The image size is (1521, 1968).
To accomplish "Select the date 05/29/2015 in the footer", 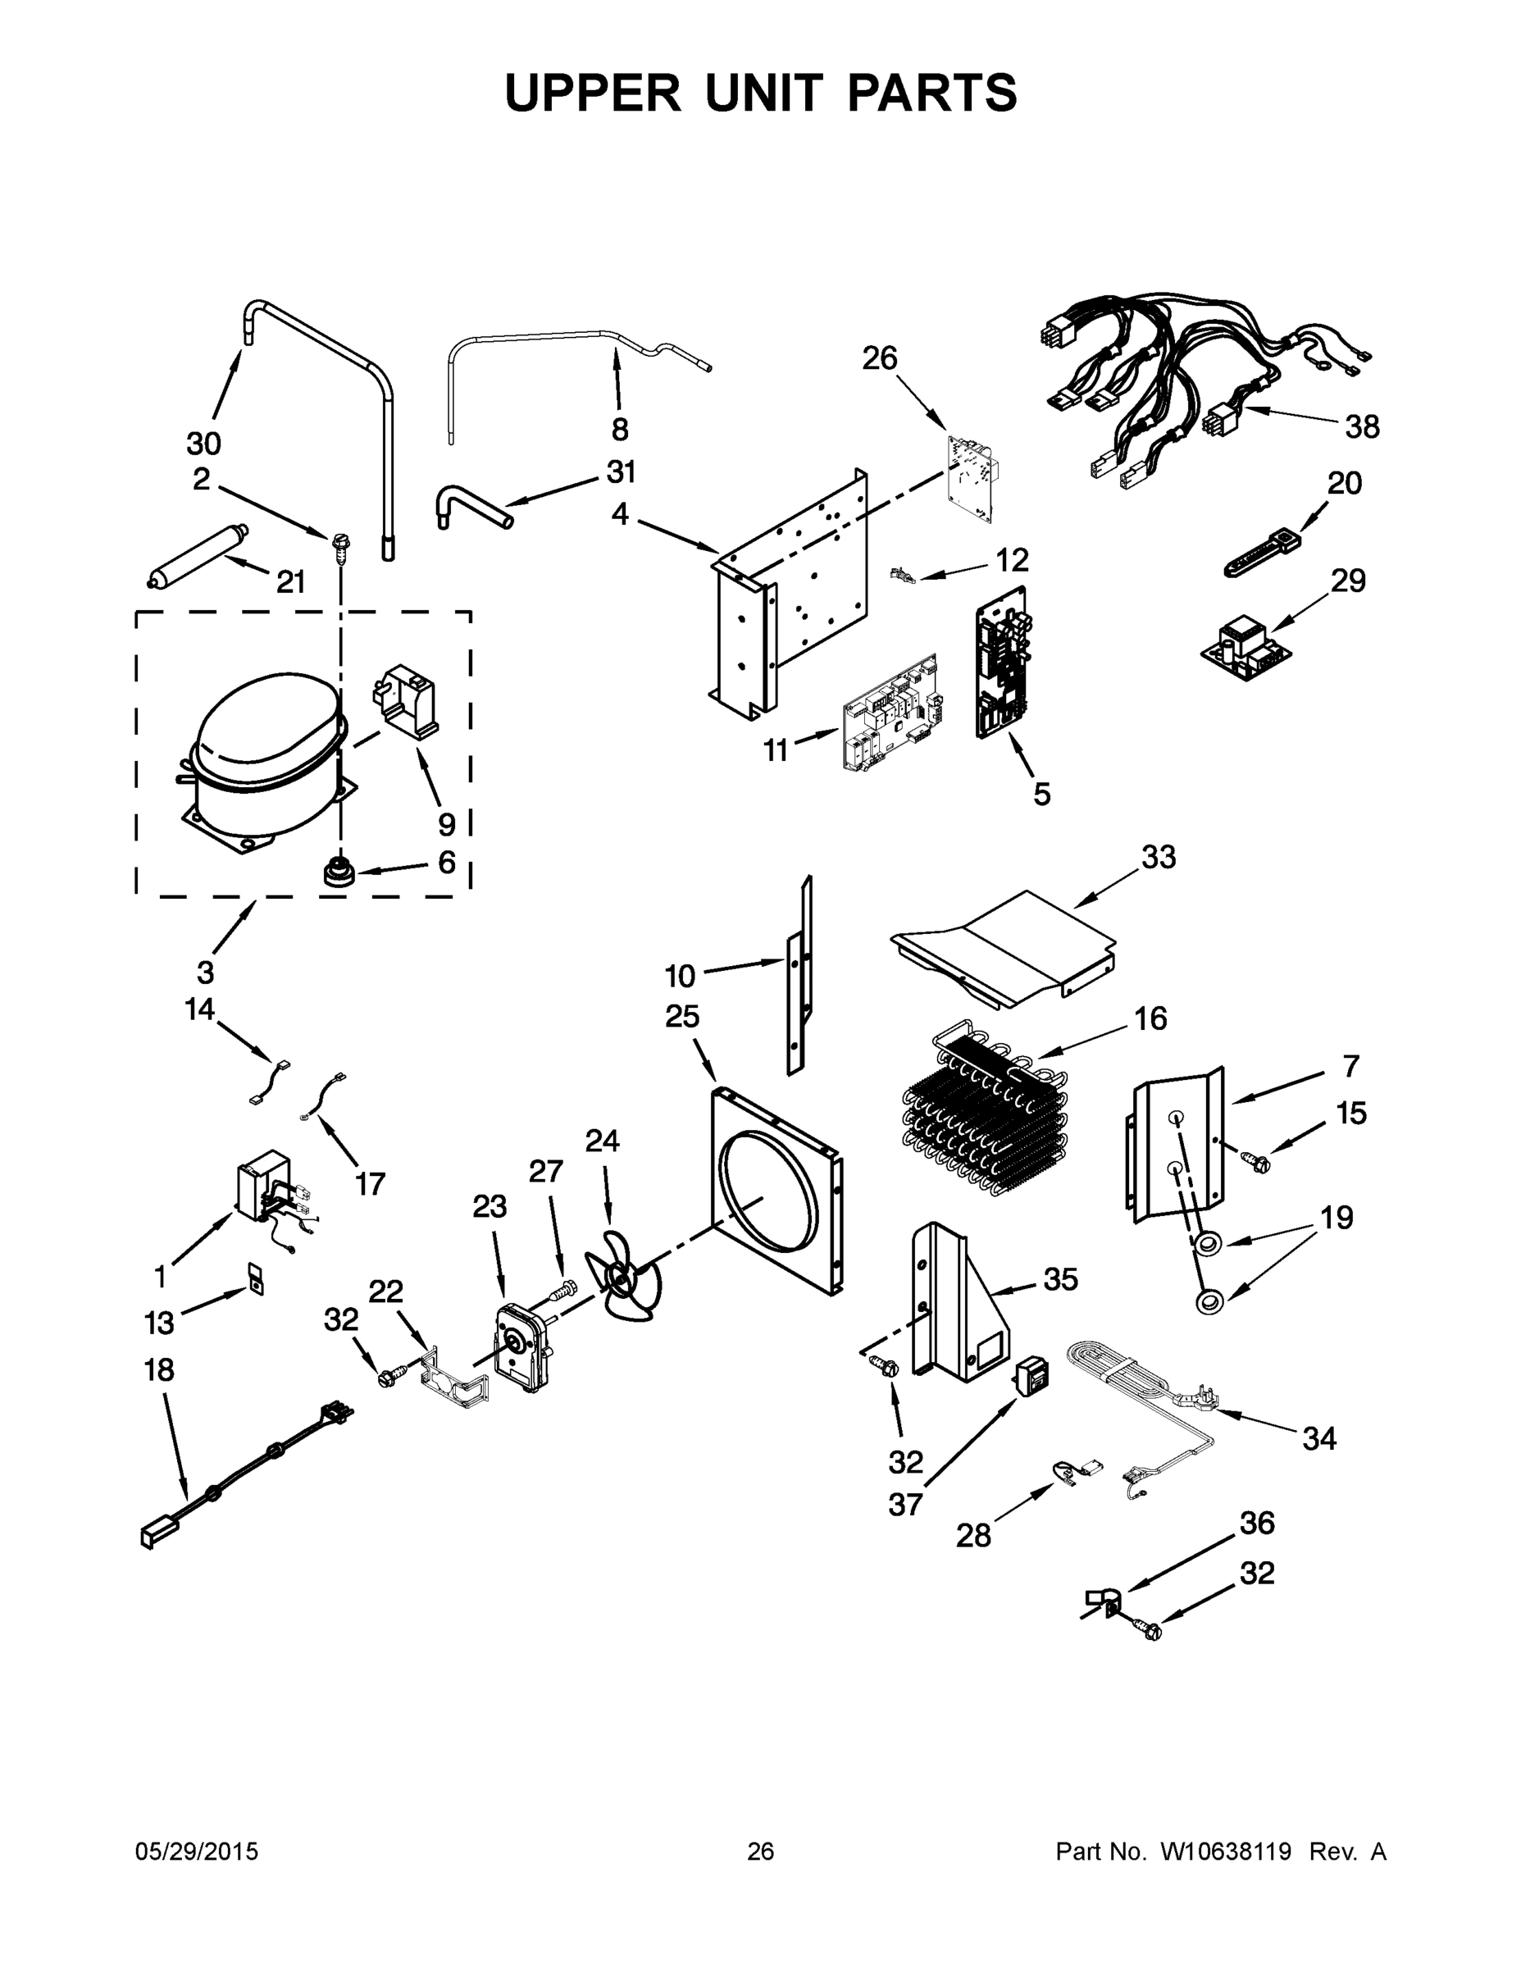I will (x=197, y=1852).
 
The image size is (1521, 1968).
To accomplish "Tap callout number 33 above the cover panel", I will (x=1158, y=857).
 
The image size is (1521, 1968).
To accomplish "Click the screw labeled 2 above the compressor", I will (x=341, y=544).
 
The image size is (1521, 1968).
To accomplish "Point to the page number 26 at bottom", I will (x=761, y=1852).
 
